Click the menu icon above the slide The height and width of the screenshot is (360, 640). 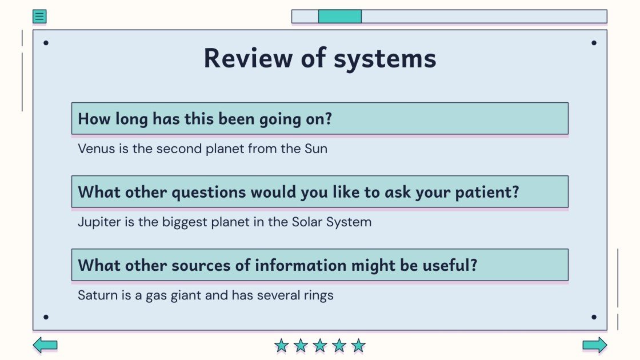click(x=39, y=17)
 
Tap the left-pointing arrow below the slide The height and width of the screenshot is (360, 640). click(x=45, y=345)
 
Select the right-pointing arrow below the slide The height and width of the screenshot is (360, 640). click(x=595, y=345)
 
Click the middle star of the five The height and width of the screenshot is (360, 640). click(x=320, y=345)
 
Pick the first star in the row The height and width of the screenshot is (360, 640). click(x=281, y=345)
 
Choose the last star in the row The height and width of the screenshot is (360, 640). click(x=358, y=345)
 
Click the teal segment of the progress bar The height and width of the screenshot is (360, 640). click(x=339, y=17)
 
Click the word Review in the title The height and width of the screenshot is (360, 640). click(x=248, y=58)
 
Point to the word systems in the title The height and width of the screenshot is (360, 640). click(x=385, y=59)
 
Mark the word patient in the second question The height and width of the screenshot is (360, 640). click(x=487, y=192)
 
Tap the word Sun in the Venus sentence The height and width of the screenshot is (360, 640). click(x=316, y=149)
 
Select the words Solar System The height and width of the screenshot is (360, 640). click(x=331, y=222)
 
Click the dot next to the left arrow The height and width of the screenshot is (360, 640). click(x=46, y=317)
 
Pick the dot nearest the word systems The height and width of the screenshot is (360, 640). click(x=594, y=43)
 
